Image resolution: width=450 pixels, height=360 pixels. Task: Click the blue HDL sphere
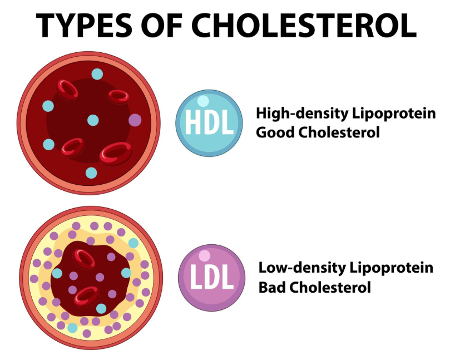pos(209,123)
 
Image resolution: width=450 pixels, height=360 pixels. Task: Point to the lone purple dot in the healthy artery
pos(135,119)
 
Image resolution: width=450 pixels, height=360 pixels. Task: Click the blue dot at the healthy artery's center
pos(93,120)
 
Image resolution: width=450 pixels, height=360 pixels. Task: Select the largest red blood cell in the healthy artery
pos(115,152)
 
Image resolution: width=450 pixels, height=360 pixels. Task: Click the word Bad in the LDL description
pos(271,288)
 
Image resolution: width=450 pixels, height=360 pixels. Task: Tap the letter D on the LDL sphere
pos(212,279)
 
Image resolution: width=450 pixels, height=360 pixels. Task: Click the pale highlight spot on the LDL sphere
pos(205,256)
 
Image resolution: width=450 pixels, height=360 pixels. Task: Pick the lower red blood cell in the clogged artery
pos(87,295)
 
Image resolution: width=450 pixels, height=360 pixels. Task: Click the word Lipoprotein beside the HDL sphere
pos(393,114)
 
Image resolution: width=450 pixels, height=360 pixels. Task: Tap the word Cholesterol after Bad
pos(329,288)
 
